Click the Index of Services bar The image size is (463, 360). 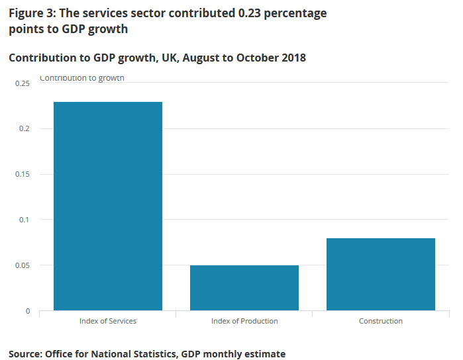click(108, 206)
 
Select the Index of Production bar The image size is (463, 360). click(244, 288)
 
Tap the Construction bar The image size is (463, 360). click(381, 274)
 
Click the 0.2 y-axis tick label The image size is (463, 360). click(25, 128)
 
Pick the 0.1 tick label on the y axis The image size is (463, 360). click(25, 220)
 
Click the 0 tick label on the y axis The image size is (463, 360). click(28, 311)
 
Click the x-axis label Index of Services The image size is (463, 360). click(108, 321)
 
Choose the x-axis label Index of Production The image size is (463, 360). click(244, 321)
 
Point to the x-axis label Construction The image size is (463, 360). click(381, 321)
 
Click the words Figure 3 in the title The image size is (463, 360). click(32, 13)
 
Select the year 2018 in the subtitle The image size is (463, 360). click(292, 58)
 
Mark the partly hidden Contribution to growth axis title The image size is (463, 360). click(82, 78)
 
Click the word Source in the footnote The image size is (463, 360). click(25, 354)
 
